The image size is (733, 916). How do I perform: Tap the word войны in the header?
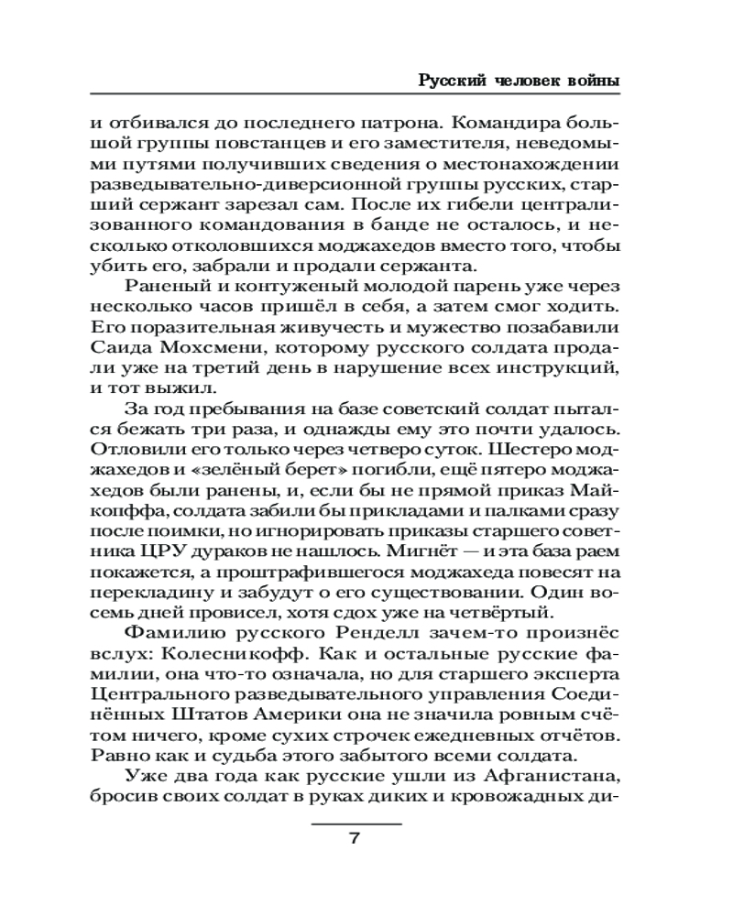594,82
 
